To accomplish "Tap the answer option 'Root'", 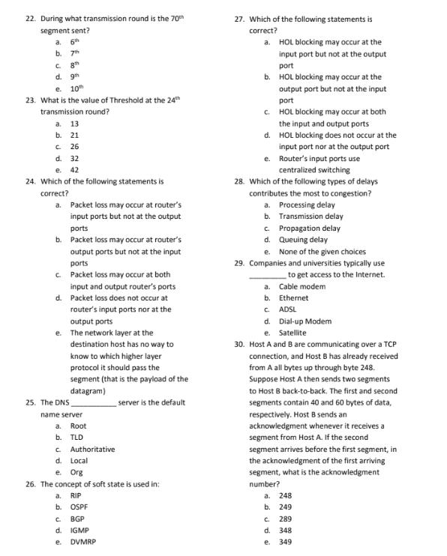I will [78, 426].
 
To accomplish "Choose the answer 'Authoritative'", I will [92, 449].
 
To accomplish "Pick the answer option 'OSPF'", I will [79, 507].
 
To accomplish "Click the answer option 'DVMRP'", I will [82, 541].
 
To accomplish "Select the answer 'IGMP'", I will [79, 530].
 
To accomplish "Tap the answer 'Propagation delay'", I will [309, 228].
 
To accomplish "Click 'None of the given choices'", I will [322, 251].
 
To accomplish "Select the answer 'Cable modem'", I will [301, 286].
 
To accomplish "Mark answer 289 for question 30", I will [285, 519].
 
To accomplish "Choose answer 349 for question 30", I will [285, 542].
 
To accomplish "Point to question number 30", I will [239, 344].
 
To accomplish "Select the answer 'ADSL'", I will [288, 309].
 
